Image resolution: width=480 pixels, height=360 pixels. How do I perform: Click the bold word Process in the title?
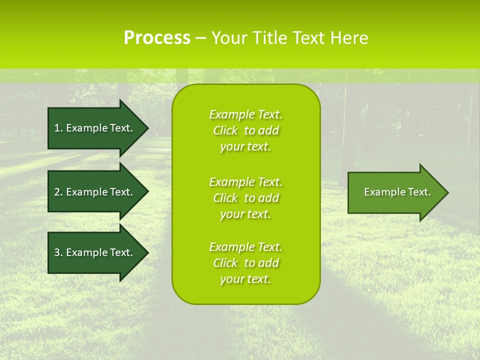[x=157, y=38]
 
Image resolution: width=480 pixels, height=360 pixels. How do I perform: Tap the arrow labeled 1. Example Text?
[x=93, y=128]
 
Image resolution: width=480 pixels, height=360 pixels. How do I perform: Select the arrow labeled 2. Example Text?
[x=93, y=192]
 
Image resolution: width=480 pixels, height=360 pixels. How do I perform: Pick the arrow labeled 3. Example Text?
[x=93, y=252]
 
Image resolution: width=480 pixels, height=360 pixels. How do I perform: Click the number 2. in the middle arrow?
[x=58, y=192]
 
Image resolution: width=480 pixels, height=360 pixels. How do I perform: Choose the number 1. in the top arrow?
[x=58, y=128]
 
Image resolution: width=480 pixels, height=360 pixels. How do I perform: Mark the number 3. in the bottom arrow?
[x=58, y=252]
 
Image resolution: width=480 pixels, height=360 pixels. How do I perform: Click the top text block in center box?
[x=245, y=130]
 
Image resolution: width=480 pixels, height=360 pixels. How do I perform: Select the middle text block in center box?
[x=245, y=198]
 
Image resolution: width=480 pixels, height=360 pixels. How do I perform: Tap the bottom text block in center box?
[x=245, y=263]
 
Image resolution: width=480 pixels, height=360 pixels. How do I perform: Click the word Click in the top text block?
[x=225, y=130]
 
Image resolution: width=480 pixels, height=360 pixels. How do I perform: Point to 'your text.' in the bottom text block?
[x=245, y=279]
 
